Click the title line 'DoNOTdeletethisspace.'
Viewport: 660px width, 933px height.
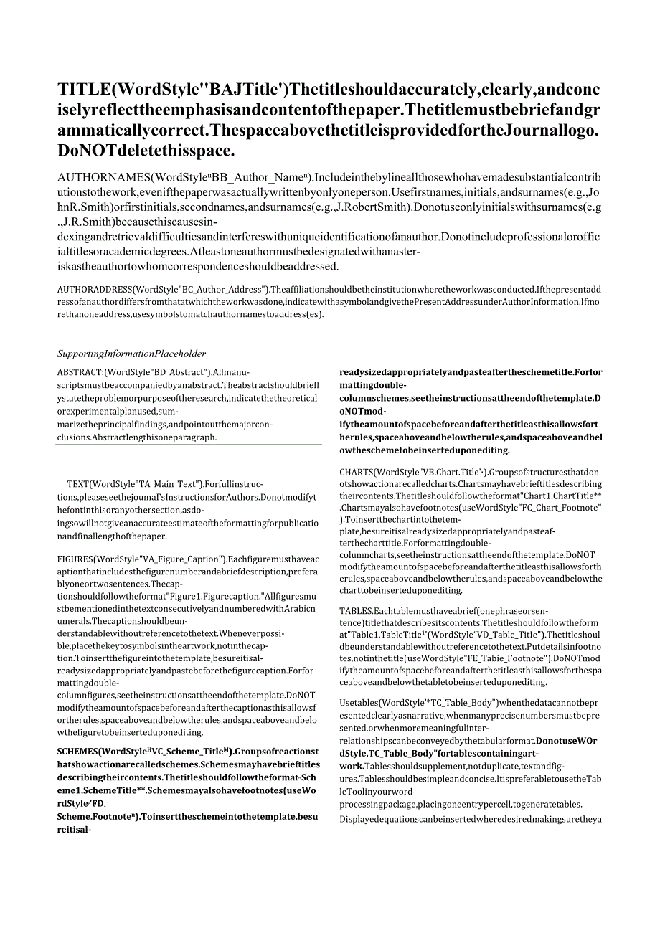click(x=148, y=151)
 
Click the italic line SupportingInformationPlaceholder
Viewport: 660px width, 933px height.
click(x=131, y=354)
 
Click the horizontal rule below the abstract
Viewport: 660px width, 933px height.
click(x=189, y=445)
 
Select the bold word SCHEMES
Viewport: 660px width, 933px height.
click(x=80, y=751)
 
